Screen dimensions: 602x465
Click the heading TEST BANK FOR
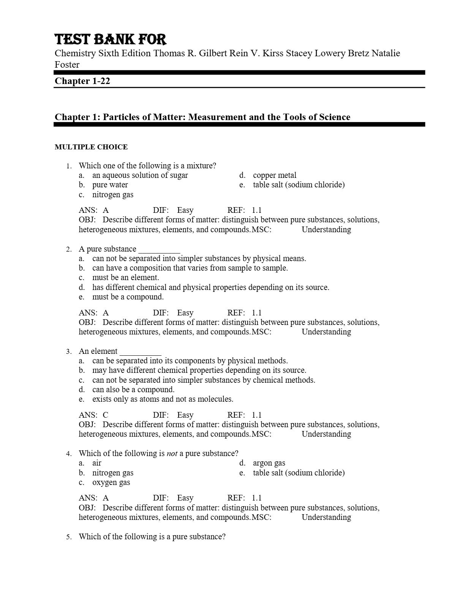click(111, 40)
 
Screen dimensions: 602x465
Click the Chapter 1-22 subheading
click(82, 81)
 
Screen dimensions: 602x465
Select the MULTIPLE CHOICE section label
click(91, 147)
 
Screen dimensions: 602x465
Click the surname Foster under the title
click(67, 65)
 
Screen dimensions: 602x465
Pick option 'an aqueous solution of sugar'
click(140, 175)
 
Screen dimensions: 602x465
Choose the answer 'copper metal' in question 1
click(274, 175)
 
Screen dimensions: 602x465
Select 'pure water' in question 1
click(110, 185)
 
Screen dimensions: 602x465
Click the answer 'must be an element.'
click(125, 277)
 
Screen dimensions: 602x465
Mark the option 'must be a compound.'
click(128, 297)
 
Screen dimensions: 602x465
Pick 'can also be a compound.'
click(133, 390)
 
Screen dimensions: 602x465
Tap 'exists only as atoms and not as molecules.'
click(163, 399)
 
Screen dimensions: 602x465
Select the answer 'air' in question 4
click(96, 463)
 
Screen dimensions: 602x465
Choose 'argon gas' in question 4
click(269, 463)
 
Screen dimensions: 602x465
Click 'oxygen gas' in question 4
click(111, 482)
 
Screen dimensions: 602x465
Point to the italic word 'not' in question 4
click(172, 453)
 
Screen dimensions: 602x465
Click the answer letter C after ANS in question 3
click(106, 415)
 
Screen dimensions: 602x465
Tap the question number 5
click(69, 537)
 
